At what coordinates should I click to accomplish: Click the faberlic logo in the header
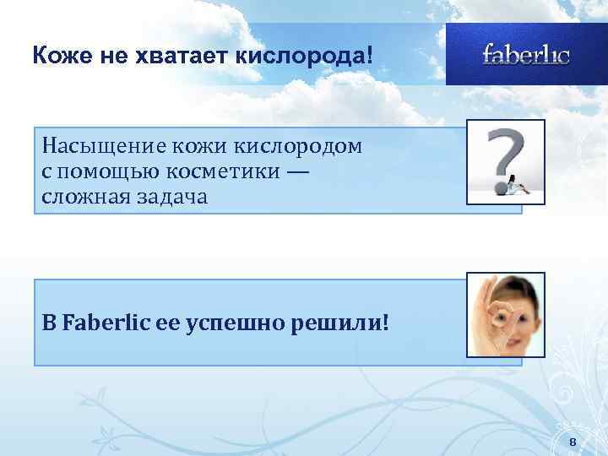coord(526,55)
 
